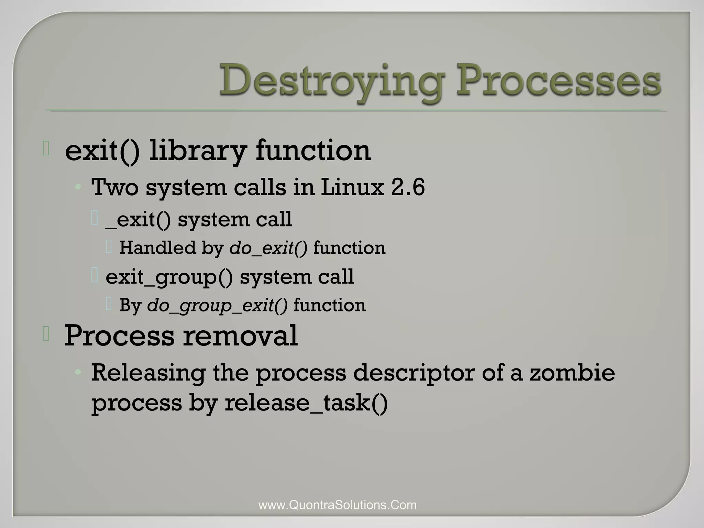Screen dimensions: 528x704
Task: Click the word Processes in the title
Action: pos(558,81)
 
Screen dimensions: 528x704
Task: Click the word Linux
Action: pos(352,187)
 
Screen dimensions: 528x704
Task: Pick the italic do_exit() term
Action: pos(268,248)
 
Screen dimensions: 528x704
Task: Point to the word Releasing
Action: pos(148,373)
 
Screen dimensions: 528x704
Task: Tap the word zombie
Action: pos(572,373)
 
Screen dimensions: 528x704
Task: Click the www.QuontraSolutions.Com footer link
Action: pos(338,505)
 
